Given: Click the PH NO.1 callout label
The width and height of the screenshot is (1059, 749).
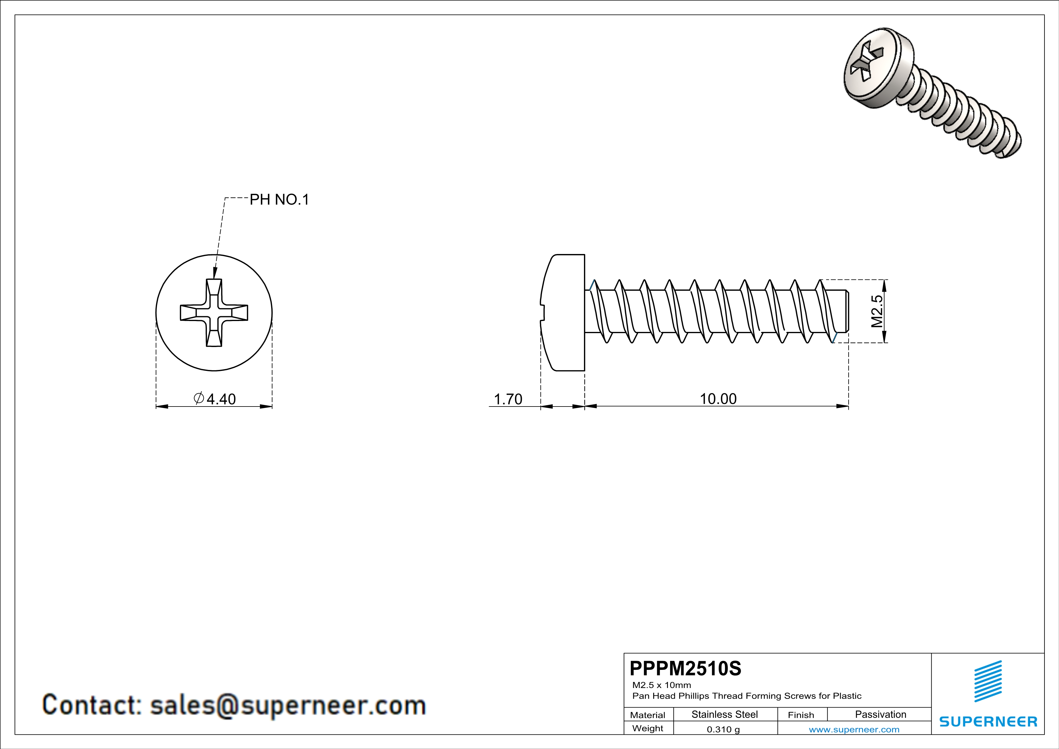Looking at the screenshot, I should point(279,200).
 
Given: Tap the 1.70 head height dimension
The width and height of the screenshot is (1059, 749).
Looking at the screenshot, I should point(508,399).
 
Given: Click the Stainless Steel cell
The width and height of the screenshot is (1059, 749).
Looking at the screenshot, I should point(725,714).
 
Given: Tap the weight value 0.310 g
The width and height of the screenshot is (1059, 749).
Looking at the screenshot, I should point(723,729).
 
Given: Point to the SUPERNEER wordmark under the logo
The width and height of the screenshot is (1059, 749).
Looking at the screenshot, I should point(988,721).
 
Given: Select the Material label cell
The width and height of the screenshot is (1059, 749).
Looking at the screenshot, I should point(648,715).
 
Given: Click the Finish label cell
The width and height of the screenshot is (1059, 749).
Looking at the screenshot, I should point(801,715).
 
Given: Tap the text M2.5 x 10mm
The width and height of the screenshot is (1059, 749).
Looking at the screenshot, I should point(661,685).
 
